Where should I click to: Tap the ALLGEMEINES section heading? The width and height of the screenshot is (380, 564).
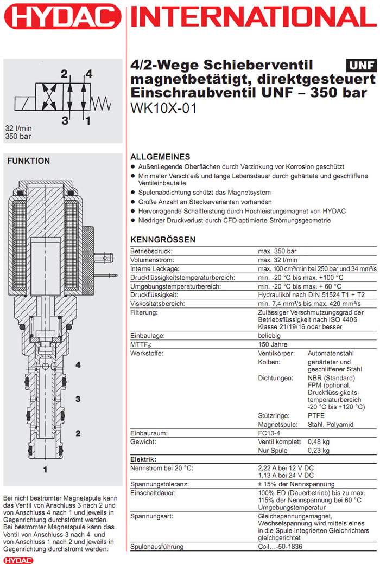[x=161, y=157]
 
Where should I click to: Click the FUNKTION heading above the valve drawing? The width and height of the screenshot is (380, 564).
[x=28, y=161]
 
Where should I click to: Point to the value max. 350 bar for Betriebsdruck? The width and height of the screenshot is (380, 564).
[x=277, y=252]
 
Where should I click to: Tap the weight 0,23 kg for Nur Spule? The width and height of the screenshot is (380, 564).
[x=320, y=450]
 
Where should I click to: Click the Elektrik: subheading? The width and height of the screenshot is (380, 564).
[x=143, y=459]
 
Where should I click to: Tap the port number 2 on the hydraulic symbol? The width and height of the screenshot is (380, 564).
[x=64, y=74]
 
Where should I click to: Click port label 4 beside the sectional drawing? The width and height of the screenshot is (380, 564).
[x=78, y=365]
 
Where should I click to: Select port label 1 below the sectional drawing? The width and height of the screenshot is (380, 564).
[x=46, y=467]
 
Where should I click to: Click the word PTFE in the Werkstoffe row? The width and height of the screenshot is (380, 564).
[x=316, y=415]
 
